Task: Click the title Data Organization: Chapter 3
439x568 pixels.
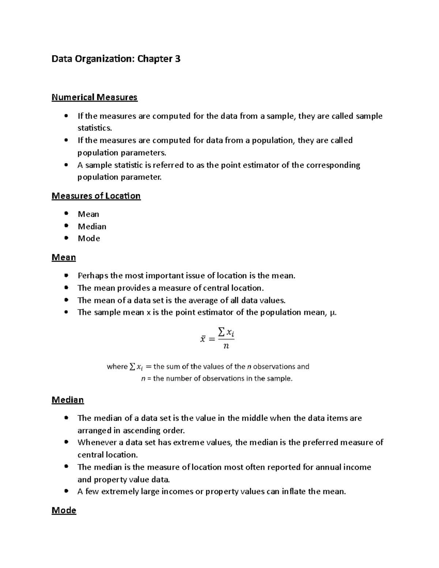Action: point(116,59)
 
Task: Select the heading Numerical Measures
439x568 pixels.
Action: point(94,97)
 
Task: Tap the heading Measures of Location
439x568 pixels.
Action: point(96,196)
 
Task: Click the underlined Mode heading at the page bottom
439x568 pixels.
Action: point(64,510)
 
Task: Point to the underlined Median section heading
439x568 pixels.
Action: point(68,400)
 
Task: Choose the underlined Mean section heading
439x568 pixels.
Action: point(64,257)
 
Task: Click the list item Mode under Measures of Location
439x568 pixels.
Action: point(89,238)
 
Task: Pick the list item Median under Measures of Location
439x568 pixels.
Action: point(92,226)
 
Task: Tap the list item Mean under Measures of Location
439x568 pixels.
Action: point(88,214)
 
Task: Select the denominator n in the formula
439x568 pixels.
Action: point(226,346)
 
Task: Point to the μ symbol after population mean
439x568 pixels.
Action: point(332,312)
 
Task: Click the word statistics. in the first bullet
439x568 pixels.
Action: point(94,128)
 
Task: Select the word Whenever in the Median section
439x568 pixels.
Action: point(97,443)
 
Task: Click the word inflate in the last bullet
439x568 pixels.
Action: point(294,492)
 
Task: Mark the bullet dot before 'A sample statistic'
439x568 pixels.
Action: point(66,165)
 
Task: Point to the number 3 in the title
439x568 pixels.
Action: point(177,59)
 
